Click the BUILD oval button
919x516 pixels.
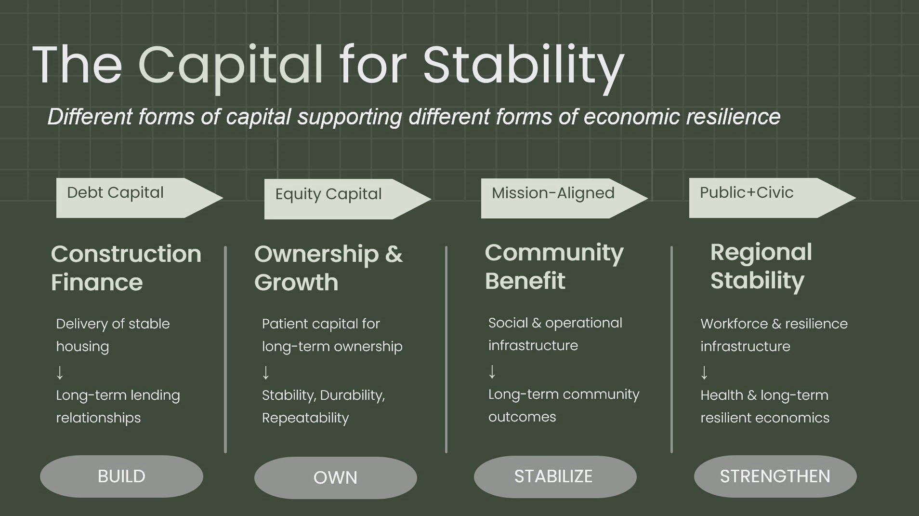121,476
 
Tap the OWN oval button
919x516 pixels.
336,478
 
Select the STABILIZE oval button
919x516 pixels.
555,477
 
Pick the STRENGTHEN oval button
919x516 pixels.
775,476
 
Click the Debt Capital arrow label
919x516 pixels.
140,198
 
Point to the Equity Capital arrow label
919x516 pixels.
348,199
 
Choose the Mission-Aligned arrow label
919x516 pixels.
565,198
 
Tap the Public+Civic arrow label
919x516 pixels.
773,198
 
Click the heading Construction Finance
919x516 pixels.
126,268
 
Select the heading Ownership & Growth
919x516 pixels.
328,268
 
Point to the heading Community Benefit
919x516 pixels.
554,266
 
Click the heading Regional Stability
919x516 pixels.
761,266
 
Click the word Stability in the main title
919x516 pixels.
524,66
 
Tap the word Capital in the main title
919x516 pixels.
231,66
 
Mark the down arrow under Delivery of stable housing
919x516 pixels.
60,372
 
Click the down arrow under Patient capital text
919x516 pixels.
265,372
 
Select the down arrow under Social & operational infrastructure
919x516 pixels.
492,371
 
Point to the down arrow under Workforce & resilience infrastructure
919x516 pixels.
704,372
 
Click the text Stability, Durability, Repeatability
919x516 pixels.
324,406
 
